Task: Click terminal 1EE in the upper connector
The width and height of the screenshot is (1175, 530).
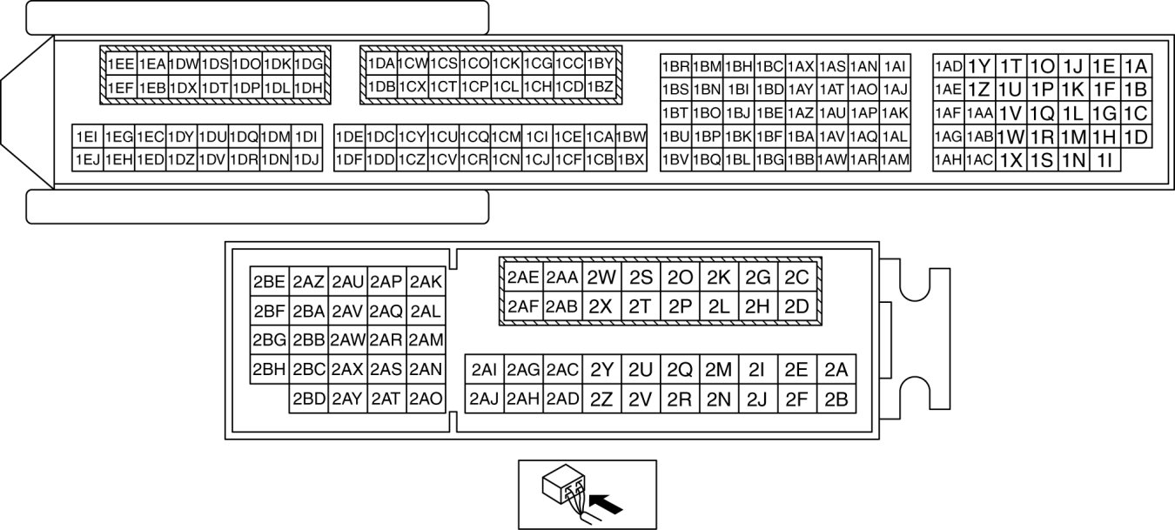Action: point(120,64)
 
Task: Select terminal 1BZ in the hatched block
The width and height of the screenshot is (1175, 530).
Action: point(600,87)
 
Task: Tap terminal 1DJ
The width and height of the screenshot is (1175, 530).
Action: point(307,159)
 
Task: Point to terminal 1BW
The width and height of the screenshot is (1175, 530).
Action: point(630,137)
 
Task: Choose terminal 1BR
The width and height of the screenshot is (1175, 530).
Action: point(675,66)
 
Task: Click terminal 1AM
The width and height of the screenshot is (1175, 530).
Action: point(895,159)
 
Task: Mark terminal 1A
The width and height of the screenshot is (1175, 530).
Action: point(1135,66)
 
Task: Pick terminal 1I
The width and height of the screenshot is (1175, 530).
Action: point(1104,160)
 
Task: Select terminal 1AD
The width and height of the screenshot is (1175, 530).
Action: point(948,66)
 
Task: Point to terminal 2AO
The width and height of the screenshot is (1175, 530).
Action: point(426,399)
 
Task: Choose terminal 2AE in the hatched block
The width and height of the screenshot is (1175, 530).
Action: point(523,278)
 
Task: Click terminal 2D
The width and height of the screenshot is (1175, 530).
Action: point(796,306)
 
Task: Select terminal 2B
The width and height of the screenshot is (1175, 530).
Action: point(836,399)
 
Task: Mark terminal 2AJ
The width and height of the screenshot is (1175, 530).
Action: point(484,399)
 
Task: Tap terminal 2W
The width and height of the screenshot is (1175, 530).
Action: point(601,278)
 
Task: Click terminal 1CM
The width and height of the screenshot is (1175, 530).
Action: point(506,137)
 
